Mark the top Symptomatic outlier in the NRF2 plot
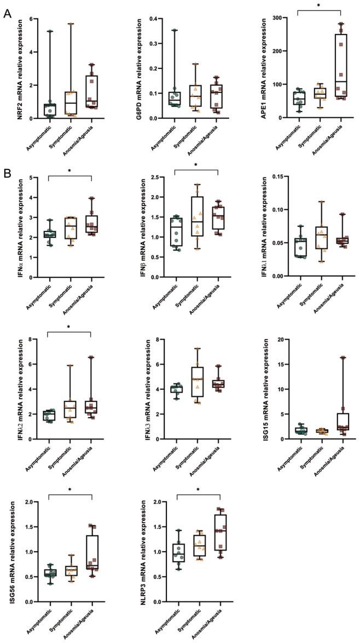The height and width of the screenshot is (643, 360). [x=71, y=24]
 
